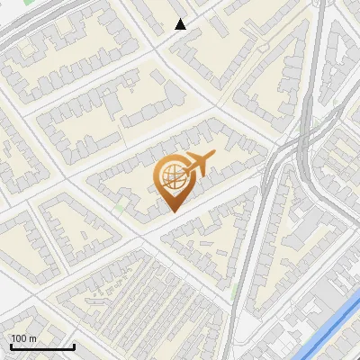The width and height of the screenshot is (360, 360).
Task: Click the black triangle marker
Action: point(181,24)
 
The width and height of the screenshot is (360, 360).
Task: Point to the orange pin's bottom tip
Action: point(172,211)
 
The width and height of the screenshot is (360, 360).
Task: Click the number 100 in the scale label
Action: point(20,337)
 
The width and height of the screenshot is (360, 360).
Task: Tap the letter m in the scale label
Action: point(32,337)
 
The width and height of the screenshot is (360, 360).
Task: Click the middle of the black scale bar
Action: point(42,346)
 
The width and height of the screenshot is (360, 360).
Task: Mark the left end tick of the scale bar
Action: point(11,345)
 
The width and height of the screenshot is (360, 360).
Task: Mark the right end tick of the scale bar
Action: point(74,345)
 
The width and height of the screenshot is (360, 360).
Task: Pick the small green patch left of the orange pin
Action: point(120,209)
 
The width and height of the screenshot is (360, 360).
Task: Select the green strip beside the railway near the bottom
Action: point(235,292)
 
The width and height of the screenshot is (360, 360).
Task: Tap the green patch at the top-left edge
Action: point(28,3)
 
